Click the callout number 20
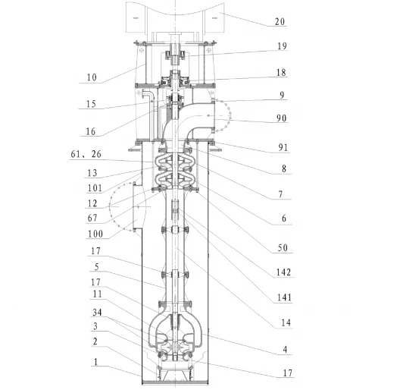click(280, 21)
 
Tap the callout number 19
click(282, 46)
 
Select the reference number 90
click(282, 118)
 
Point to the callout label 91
click(283, 147)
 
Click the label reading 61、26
click(86, 154)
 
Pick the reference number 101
click(95, 188)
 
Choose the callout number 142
click(283, 272)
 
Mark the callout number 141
click(284, 297)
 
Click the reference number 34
click(97, 313)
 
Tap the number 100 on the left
click(95, 234)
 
